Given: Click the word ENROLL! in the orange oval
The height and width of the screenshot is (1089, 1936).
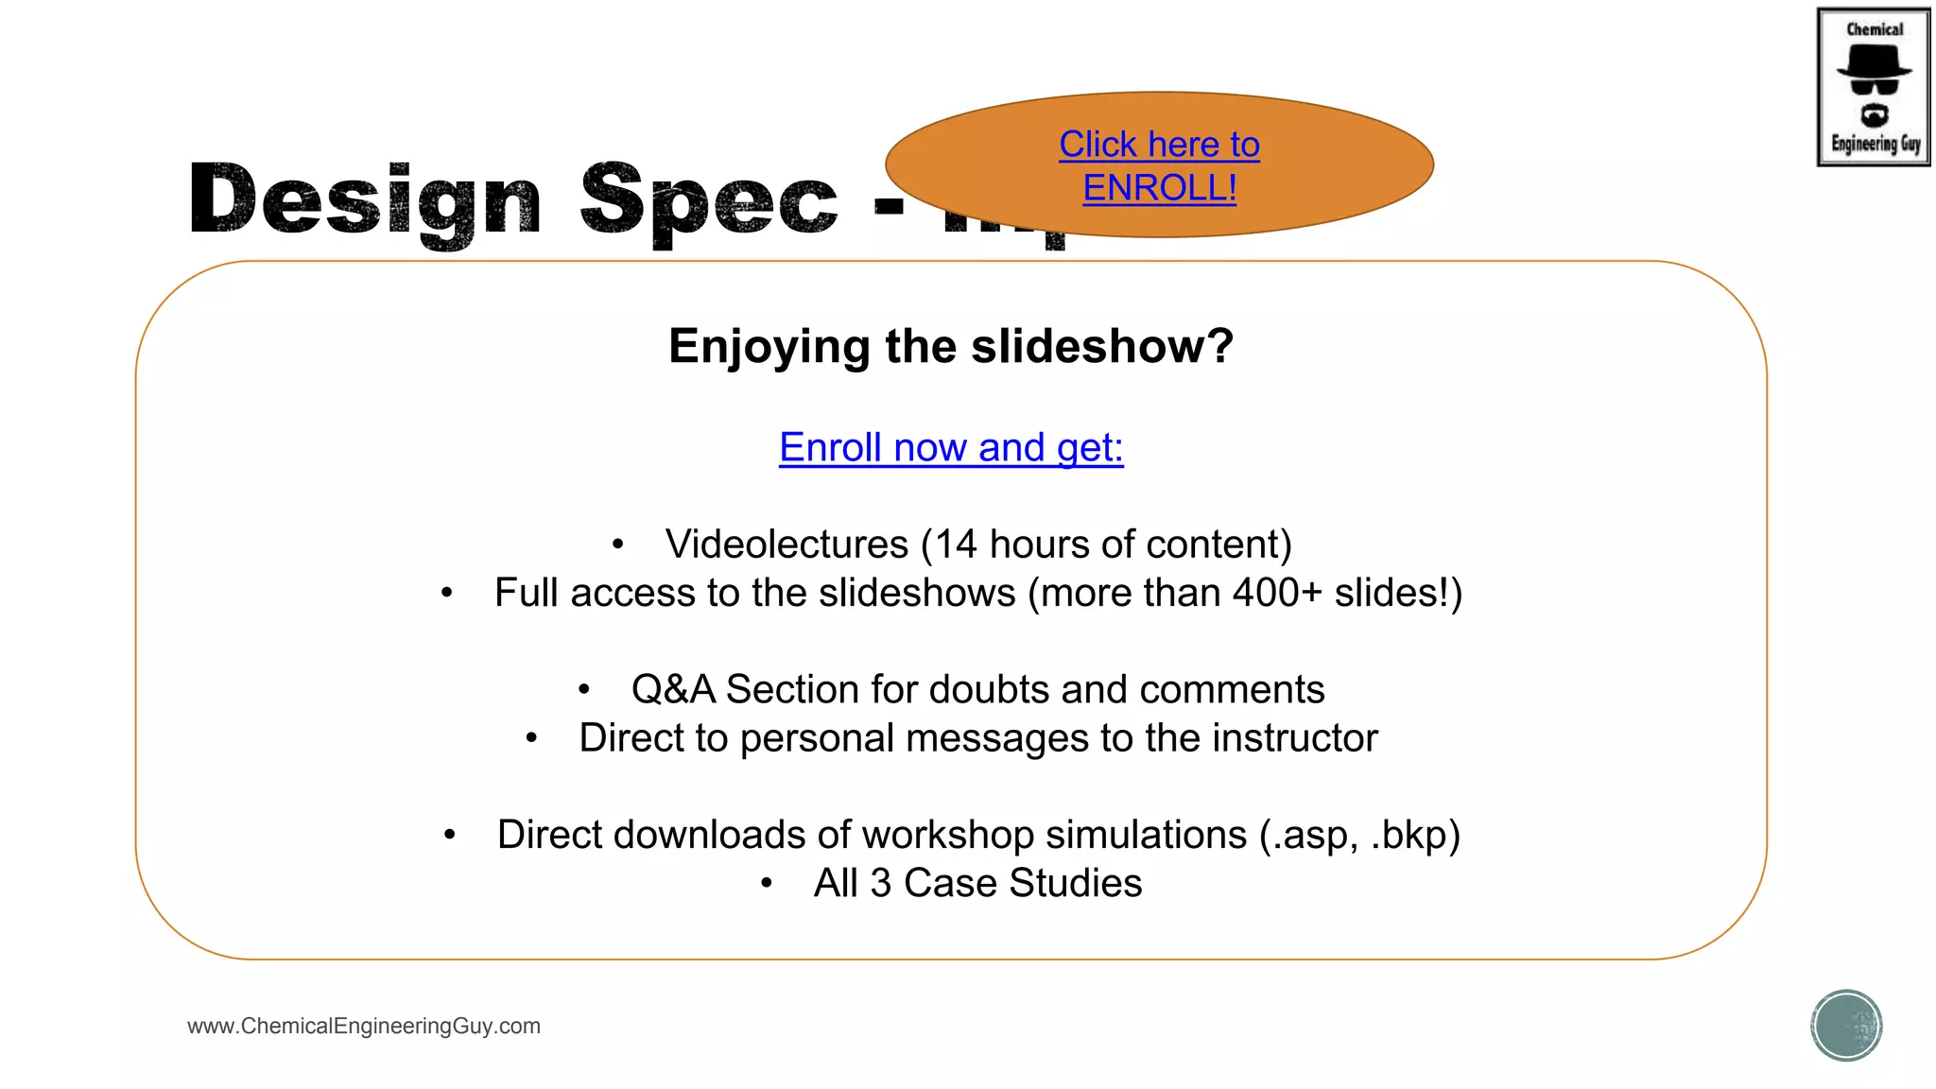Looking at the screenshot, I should point(1159,188).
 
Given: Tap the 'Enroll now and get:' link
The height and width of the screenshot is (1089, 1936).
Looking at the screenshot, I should point(951,447).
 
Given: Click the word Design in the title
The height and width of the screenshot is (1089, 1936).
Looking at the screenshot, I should point(365,200).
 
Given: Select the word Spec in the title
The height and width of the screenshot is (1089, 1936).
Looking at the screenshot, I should point(708,200).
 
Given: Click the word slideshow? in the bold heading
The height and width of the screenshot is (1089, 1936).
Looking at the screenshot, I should point(1102,346).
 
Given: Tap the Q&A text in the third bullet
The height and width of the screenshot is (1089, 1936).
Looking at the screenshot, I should point(673,689).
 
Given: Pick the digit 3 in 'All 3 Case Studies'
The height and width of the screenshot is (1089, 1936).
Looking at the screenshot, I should point(880,883).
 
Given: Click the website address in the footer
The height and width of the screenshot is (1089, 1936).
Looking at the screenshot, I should point(364,1026).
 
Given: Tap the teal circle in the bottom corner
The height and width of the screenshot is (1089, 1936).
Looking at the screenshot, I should point(1846,1026).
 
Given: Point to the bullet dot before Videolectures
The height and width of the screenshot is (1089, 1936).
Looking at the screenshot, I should point(617,544).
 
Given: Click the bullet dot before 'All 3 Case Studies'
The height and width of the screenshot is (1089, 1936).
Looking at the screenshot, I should point(767,884).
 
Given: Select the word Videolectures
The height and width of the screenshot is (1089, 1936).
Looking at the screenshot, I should point(786,544).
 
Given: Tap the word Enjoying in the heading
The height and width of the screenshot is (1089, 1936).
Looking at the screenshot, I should point(769,346).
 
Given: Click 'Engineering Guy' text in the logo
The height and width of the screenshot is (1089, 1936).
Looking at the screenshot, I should point(1875,144).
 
